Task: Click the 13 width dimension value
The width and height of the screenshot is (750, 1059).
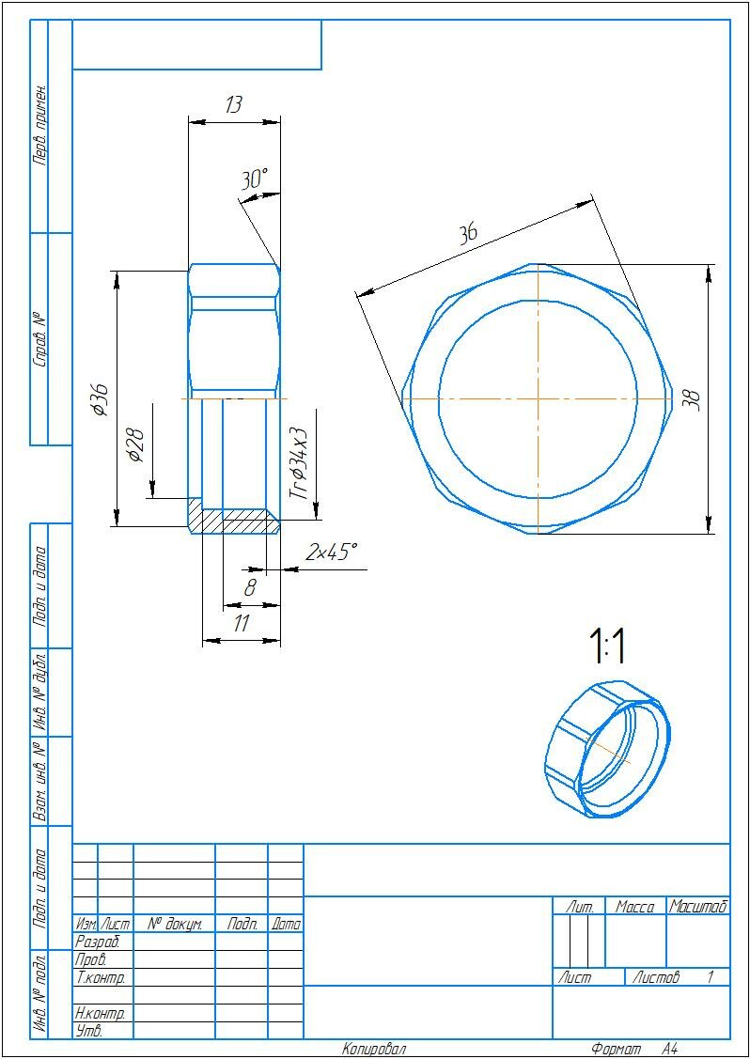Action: click(234, 105)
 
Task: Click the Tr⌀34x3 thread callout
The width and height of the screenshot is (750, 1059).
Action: click(299, 463)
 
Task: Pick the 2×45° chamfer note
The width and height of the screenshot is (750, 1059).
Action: click(330, 553)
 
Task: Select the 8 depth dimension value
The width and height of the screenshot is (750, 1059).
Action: click(250, 588)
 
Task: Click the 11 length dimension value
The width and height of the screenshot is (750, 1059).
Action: click(242, 623)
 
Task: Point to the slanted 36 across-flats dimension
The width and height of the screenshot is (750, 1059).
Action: click(467, 234)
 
